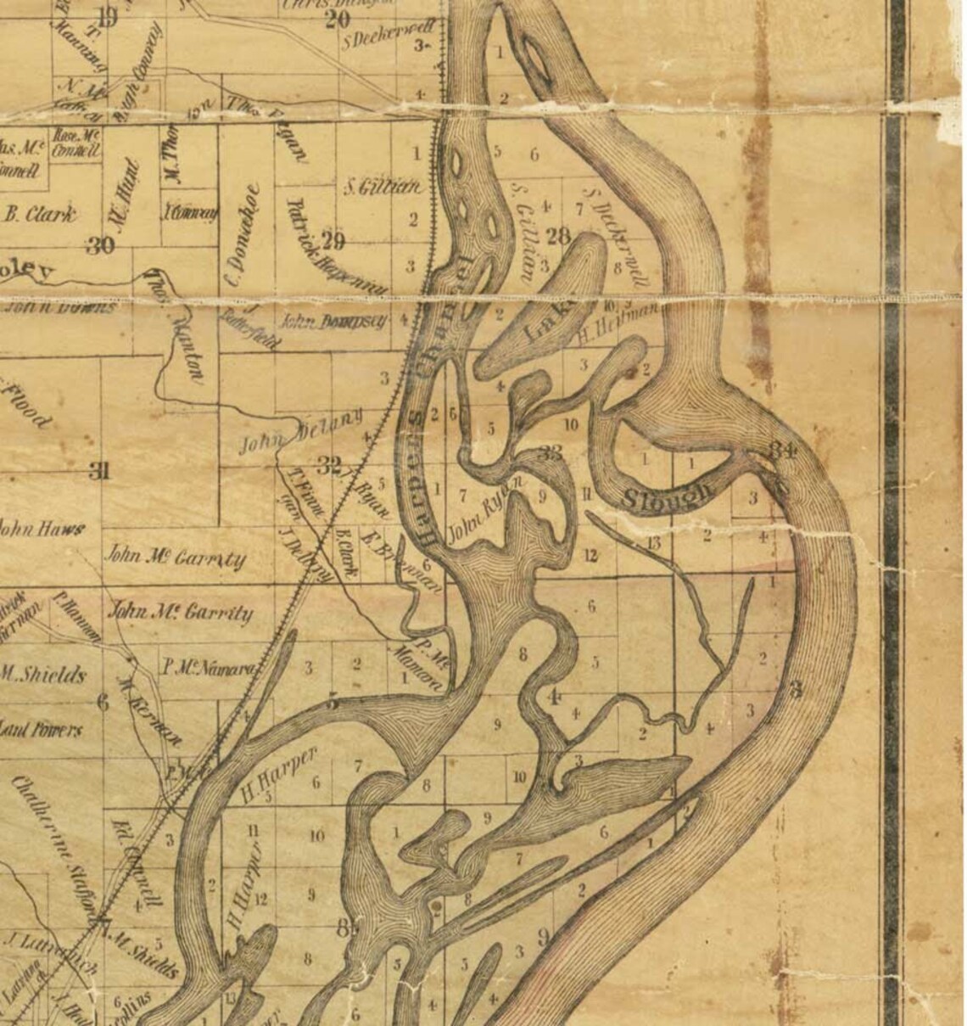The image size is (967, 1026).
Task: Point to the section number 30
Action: tap(100, 246)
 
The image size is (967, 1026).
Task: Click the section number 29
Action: tap(333, 241)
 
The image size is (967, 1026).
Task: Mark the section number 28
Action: tap(558, 236)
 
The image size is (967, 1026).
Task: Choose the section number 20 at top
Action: tap(337, 19)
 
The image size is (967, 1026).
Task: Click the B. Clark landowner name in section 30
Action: tap(40, 214)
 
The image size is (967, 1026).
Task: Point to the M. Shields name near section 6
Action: tap(44, 676)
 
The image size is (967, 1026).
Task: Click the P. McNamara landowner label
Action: tap(207, 669)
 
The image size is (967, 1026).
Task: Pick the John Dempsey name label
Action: tap(333, 322)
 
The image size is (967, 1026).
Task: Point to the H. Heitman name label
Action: tap(620, 322)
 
